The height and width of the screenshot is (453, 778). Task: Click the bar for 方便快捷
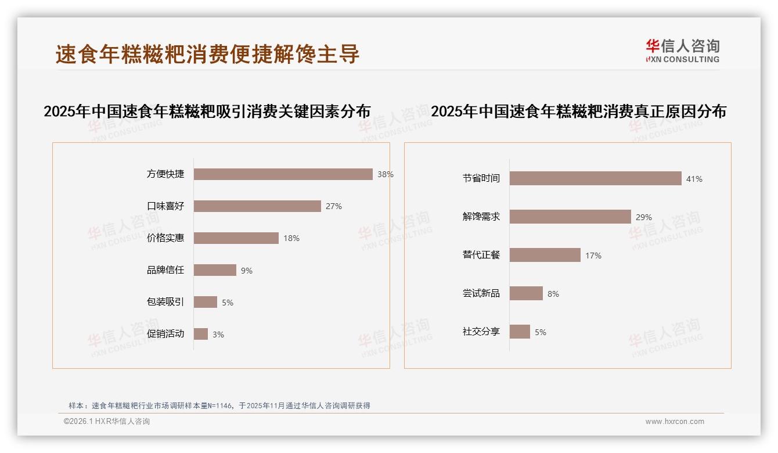[283, 174]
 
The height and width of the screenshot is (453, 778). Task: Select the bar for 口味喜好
[257, 206]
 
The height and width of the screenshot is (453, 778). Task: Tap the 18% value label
[291, 238]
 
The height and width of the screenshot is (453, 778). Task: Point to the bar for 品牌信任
[215, 270]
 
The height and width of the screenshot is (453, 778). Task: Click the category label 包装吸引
[165, 302]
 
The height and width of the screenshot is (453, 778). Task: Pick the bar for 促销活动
[200, 334]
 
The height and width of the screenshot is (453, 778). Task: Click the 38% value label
[385, 174]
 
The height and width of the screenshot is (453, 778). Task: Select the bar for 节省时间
[595, 178]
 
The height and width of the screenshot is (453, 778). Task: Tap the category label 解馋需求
[481, 217]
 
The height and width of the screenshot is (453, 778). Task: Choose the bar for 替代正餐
[545, 255]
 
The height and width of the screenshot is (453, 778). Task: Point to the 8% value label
[553, 294]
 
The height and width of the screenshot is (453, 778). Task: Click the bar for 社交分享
[520, 332]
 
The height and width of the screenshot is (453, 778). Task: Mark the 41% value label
[694, 179]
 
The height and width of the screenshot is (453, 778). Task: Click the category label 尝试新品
[481, 293]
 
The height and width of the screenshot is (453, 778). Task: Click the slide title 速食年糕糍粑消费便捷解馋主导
[207, 54]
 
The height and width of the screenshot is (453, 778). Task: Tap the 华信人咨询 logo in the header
[682, 51]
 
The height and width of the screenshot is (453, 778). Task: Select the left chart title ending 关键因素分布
[207, 112]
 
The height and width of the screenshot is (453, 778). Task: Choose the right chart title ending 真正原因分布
[578, 112]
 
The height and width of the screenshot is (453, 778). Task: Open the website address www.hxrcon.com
[674, 422]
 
